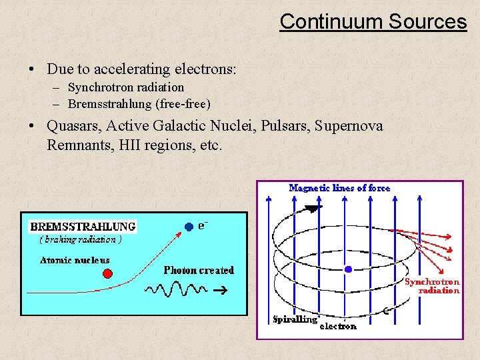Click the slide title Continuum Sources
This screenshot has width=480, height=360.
[373, 21]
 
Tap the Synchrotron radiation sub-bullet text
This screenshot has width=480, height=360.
[125, 87]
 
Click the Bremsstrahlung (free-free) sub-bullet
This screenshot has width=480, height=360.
[139, 104]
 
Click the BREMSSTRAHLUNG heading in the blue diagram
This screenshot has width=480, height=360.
[83, 227]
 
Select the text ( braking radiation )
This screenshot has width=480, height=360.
[80, 239]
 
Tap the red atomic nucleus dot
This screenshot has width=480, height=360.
[107, 273]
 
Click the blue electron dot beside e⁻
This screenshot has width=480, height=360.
[189, 227]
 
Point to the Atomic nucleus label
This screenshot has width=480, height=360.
[75, 260]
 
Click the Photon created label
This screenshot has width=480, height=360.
[199, 270]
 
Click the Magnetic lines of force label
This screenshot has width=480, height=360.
[339, 188]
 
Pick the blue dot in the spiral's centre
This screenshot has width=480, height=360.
[348, 269]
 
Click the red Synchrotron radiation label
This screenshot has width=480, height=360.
[434, 286]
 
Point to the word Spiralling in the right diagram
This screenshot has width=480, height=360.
[295, 319]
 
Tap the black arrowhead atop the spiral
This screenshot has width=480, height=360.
[311, 209]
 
